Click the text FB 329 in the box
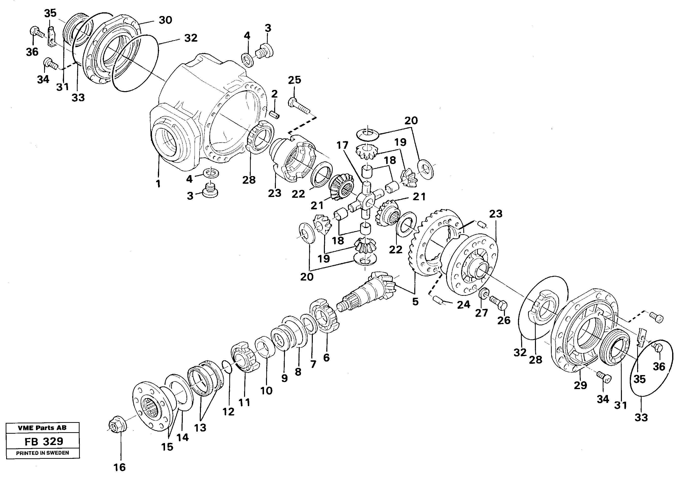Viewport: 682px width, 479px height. (x=44, y=441)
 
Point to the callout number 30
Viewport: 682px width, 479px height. (x=165, y=20)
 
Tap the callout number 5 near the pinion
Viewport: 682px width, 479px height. (x=415, y=301)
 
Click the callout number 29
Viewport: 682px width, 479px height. (x=580, y=385)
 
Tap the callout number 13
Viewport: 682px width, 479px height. (x=200, y=428)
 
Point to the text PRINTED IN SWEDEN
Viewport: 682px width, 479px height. (x=42, y=453)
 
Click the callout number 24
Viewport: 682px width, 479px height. (x=463, y=304)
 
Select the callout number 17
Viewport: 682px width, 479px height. (x=342, y=145)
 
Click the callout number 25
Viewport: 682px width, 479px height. (x=294, y=80)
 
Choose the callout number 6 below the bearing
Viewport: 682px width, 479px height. (x=326, y=358)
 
